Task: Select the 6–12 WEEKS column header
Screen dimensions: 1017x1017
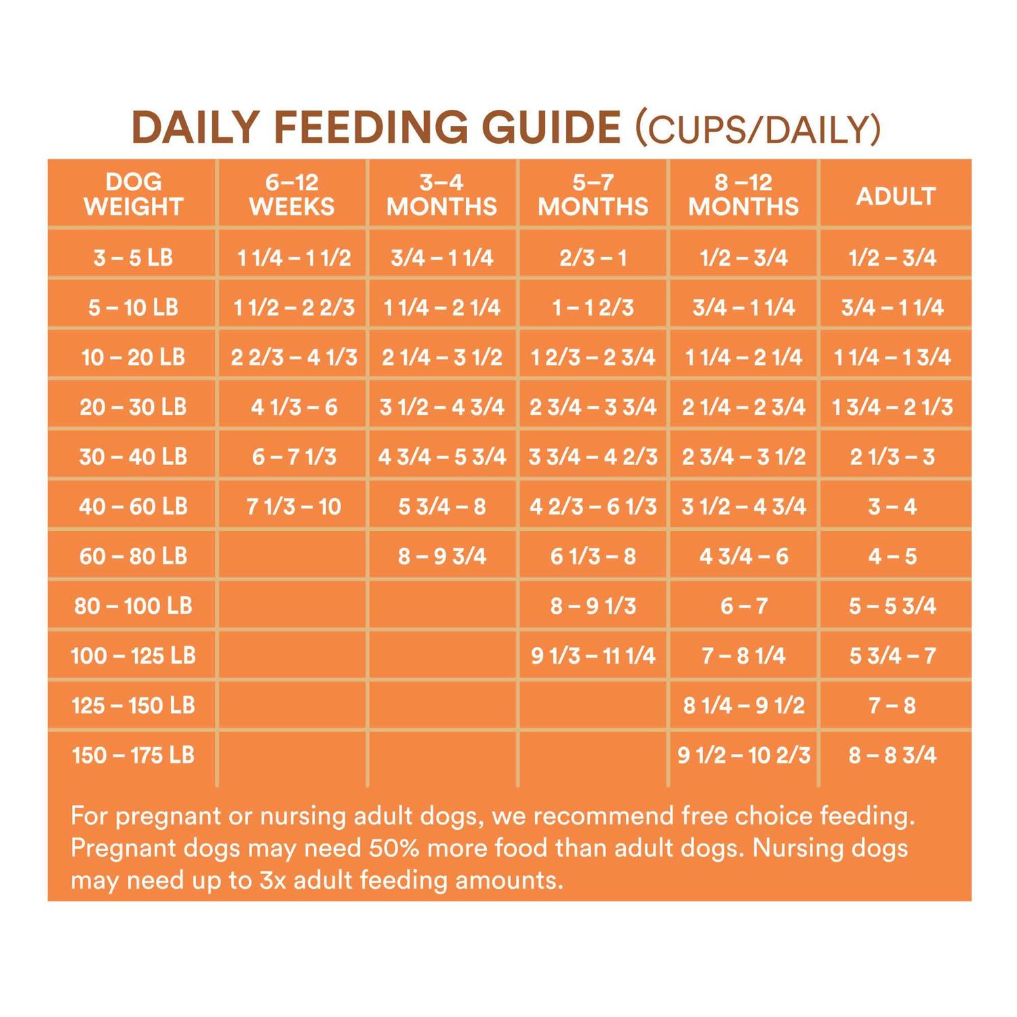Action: [292, 194]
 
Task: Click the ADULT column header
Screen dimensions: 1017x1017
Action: [896, 196]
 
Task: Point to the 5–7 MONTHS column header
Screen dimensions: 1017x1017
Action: [593, 194]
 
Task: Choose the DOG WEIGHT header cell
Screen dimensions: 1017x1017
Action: [134, 194]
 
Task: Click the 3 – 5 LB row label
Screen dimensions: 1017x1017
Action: [134, 258]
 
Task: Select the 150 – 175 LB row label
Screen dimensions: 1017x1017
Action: [134, 755]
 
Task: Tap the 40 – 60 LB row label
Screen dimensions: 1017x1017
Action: [134, 506]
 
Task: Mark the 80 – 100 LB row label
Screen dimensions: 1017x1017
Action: [134, 605]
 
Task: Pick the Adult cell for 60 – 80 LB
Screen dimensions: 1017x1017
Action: [892, 557]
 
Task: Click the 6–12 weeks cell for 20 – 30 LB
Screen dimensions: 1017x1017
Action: [294, 407]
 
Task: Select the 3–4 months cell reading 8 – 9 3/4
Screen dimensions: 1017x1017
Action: [442, 557]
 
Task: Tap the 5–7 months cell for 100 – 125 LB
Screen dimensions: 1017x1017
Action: [593, 656]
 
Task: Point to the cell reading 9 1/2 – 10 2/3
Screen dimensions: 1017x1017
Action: [744, 755]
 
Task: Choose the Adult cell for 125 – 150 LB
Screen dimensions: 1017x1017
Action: [892, 706]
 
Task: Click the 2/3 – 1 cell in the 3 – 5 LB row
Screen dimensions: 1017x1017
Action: [593, 258]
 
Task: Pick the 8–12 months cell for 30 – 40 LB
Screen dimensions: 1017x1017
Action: [744, 457]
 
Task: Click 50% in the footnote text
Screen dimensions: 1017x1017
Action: [395, 848]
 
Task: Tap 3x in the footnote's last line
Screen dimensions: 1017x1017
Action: [273, 881]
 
